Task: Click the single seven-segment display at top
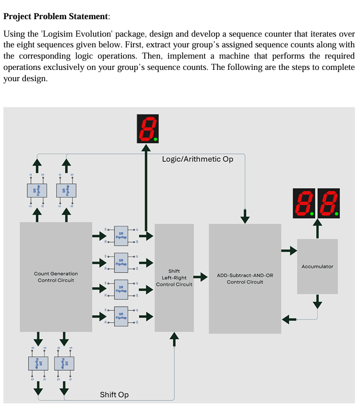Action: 147,129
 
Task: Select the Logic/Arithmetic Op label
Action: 197,159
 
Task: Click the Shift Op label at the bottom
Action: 114,394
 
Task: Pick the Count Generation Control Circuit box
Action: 56,276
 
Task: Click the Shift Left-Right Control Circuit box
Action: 174,277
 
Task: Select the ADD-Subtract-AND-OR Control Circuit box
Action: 245,278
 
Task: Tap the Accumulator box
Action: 317,266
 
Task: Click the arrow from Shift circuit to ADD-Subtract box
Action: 201,277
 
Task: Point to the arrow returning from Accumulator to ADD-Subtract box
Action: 290,320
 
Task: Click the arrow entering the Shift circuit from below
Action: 174,338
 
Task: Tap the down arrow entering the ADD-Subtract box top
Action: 245,216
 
